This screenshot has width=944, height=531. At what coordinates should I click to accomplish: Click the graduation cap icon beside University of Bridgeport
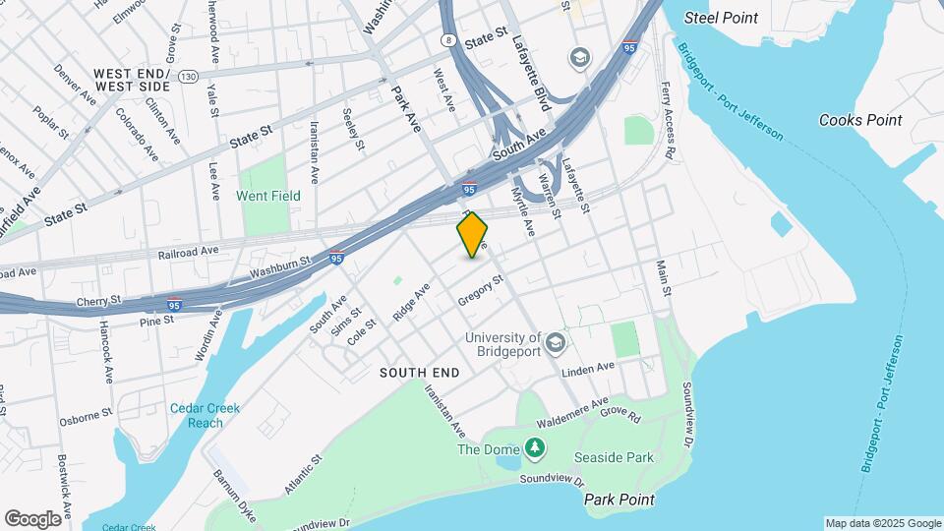click(x=556, y=342)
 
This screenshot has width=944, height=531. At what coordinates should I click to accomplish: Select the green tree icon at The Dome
click(x=534, y=449)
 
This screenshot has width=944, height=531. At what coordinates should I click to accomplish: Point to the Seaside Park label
click(x=614, y=458)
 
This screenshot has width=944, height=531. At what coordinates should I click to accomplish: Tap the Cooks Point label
click(x=860, y=120)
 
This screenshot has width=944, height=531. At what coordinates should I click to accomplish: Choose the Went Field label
click(x=268, y=196)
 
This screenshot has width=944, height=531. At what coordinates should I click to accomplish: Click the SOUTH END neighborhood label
click(x=419, y=374)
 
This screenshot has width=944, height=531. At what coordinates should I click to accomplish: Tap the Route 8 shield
click(x=448, y=40)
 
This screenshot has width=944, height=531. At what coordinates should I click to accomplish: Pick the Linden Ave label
click(x=588, y=370)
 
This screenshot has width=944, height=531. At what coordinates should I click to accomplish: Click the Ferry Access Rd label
click(x=670, y=120)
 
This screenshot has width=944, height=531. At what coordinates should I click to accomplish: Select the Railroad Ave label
click(x=188, y=251)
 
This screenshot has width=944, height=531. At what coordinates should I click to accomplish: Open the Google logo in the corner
click(x=32, y=518)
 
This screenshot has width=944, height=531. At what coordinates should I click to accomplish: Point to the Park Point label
click(x=619, y=500)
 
